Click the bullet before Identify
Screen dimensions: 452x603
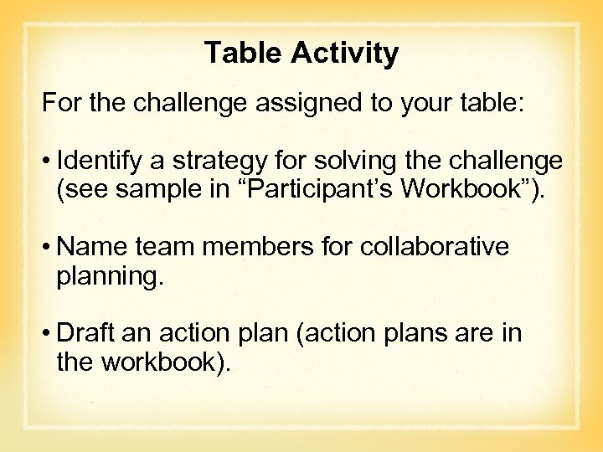pyautogui.click(x=49, y=161)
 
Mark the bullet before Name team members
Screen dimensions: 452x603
pyautogui.click(x=49, y=248)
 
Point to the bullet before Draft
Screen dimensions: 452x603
pyautogui.click(x=49, y=334)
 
